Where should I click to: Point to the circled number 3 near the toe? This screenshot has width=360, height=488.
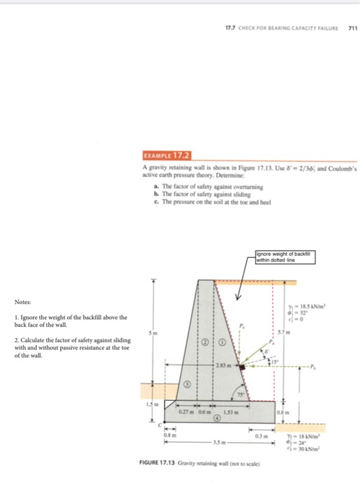tap(186, 385)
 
